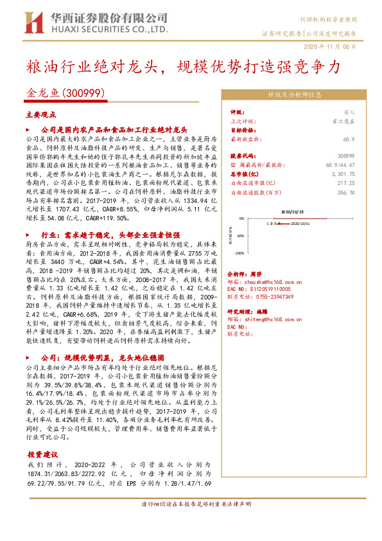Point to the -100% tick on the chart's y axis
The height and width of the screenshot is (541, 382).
pos(239,253)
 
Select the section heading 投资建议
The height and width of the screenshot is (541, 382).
pos(41,454)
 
